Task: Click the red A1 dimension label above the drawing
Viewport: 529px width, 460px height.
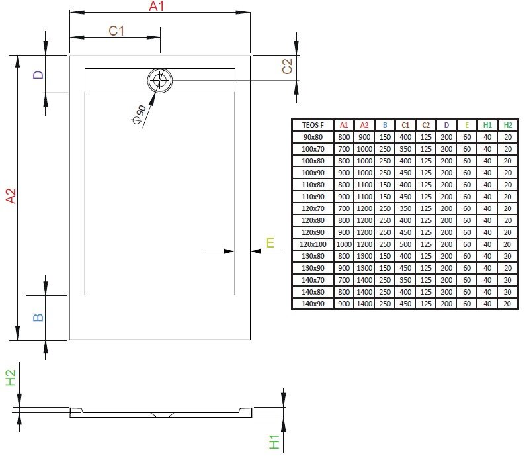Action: [x=156, y=7]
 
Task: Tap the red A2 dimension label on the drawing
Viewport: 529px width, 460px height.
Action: [x=9, y=196]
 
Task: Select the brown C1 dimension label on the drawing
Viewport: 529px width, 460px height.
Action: [x=117, y=30]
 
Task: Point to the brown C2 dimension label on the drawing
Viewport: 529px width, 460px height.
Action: [x=287, y=66]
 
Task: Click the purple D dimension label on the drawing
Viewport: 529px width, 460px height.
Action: [x=38, y=75]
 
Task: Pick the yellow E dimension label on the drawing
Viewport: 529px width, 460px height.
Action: [x=270, y=243]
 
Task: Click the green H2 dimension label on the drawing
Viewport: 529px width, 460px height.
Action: [x=11, y=378]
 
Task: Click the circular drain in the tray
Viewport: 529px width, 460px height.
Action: [x=159, y=81]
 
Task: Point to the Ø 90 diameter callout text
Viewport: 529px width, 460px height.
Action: [x=139, y=115]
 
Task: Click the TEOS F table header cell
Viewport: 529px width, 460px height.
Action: [x=313, y=125]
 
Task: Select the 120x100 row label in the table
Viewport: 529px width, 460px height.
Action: [x=313, y=244]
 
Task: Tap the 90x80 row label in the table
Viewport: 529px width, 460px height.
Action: [x=313, y=137]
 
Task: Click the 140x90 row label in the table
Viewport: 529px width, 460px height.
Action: [x=313, y=304]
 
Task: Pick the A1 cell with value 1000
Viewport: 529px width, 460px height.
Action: [x=344, y=244]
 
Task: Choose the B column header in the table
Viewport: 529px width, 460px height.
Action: [x=384, y=125]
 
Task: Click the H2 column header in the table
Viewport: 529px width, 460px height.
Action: [x=507, y=125]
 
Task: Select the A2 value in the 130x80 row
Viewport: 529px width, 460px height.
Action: [x=364, y=256]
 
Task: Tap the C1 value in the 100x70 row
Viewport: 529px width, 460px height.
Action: [x=405, y=149]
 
